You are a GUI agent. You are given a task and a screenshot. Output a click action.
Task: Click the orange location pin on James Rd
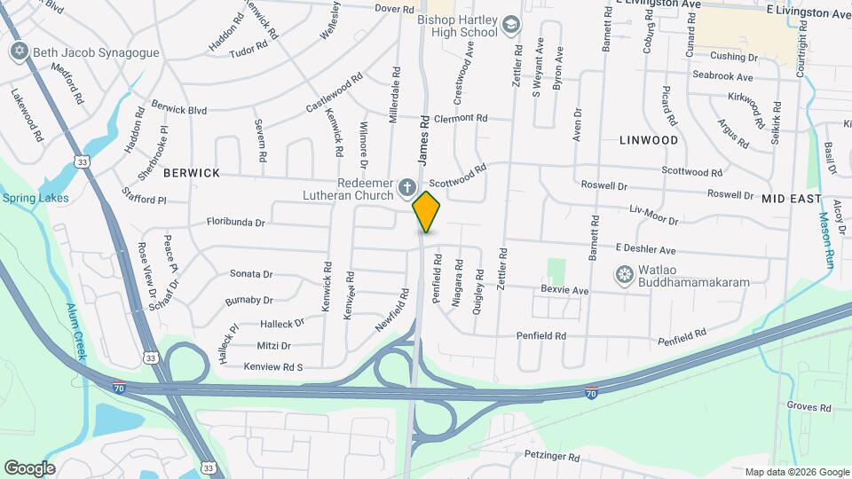point(427,210)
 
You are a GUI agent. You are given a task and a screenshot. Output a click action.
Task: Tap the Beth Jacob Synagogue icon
point(20,51)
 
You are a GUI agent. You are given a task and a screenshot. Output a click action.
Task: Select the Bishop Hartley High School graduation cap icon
point(511,25)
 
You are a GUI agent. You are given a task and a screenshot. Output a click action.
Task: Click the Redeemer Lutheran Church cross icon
point(406,186)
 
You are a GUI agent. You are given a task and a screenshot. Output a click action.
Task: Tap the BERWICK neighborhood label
point(191,173)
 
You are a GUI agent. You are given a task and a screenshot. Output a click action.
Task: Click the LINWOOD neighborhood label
point(649,140)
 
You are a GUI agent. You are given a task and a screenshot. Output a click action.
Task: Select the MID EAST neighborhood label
point(792,200)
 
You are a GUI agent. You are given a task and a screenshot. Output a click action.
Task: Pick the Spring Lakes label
point(28,198)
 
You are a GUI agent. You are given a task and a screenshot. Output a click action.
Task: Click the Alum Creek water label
point(75,332)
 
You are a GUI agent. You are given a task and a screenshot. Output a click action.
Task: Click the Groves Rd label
point(809,408)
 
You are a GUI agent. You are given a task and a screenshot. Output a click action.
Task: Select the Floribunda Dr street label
point(236,223)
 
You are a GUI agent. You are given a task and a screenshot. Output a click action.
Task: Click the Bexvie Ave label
point(564,290)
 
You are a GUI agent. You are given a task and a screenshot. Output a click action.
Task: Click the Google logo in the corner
point(29,467)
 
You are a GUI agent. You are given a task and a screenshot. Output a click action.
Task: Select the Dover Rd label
point(371,8)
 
